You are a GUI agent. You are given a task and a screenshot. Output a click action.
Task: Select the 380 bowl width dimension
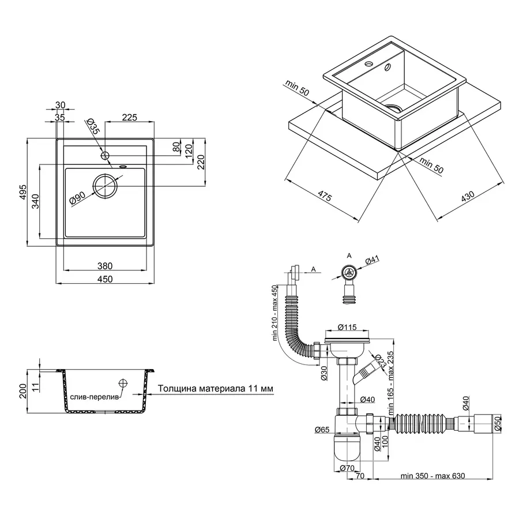pos(104,266)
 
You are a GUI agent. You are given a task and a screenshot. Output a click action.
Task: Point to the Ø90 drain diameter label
pos(77,198)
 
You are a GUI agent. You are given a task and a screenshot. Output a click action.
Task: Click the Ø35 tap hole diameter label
pos(93,126)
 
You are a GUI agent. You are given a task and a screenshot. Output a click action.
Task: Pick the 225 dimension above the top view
pos(129,118)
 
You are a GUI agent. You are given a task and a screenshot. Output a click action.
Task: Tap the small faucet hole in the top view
pos(104,156)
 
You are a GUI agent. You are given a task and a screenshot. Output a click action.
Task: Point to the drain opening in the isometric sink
pos(394,107)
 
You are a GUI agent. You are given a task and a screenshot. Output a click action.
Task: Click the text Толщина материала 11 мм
pos(215,389)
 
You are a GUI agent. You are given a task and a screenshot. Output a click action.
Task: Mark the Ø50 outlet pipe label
pos(497,424)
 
